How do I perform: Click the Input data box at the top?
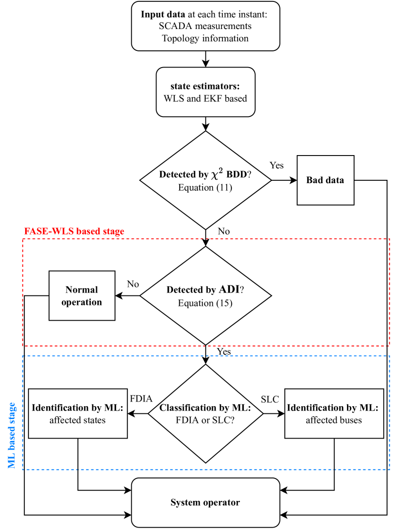coord(205,26)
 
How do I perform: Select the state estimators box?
coord(205,92)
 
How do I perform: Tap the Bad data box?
coord(325,180)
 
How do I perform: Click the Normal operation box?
coord(82,295)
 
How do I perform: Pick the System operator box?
coord(205,503)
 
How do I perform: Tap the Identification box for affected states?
coord(78,413)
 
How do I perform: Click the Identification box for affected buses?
coord(334,413)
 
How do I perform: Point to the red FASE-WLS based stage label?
coord(74,232)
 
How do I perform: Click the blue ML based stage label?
coord(12,435)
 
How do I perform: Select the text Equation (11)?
coord(205,187)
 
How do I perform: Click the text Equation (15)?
coord(205,303)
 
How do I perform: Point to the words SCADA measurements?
coord(205,26)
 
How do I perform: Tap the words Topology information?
coord(205,39)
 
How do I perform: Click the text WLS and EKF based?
coord(205,99)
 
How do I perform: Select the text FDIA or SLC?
coord(205,420)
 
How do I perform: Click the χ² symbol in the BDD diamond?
coord(217,174)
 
